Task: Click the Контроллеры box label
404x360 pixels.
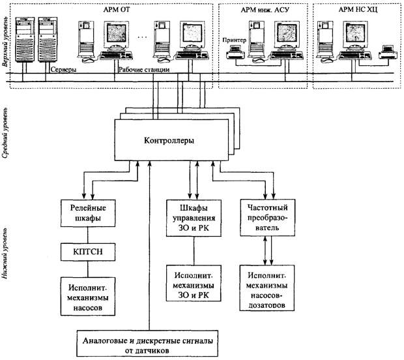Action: (169, 141)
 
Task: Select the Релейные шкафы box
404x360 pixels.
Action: (88, 213)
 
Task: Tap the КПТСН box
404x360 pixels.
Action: (88, 252)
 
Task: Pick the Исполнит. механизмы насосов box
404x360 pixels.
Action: (88, 296)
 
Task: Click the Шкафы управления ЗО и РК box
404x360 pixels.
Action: (194, 218)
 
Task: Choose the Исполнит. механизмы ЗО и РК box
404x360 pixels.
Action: (194, 283)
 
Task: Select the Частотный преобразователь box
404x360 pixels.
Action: (267, 218)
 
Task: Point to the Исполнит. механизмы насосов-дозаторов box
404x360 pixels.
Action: (267, 288)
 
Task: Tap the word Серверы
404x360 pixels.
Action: (63, 70)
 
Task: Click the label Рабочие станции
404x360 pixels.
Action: (144, 70)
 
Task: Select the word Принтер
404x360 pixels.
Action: (234, 40)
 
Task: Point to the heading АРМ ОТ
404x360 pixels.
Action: (117, 10)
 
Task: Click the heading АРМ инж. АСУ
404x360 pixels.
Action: (265, 10)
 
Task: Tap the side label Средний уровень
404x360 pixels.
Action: (6, 132)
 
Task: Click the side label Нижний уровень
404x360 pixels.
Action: (5, 253)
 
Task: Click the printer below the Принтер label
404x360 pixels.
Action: (235, 52)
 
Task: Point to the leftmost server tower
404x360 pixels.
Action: (25, 39)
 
